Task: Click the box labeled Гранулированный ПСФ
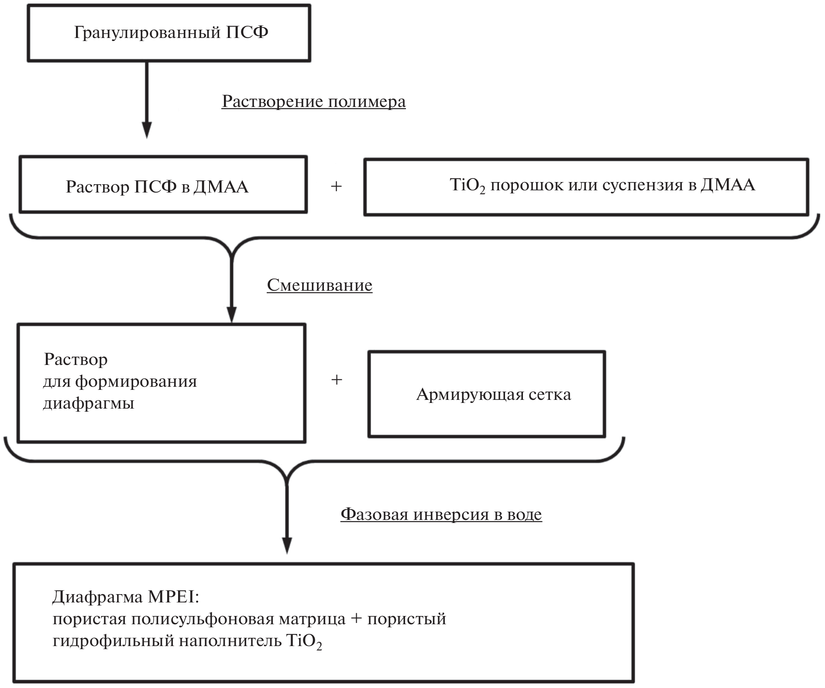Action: click(x=169, y=33)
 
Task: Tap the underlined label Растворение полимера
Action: click(x=313, y=101)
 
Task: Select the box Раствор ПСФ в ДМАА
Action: click(x=163, y=185)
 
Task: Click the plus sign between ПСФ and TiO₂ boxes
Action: click(x=336, y=186)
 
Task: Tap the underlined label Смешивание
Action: click(x=320, y=285)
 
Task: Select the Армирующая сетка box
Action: click(x=486, y=394)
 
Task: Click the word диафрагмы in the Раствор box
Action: click(x=89, y=403)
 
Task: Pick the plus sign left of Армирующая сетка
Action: click(x=337, y=380)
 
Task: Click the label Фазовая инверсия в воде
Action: click(x=441, y=514)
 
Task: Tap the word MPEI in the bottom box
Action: click(x=173, y=597)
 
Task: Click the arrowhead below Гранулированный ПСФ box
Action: click(x=147, y=130)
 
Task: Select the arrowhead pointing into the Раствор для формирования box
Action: click(x=231, y=314)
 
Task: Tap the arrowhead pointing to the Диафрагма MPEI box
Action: click(x=287, y=546)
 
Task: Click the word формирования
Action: click(x=136, y=381)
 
